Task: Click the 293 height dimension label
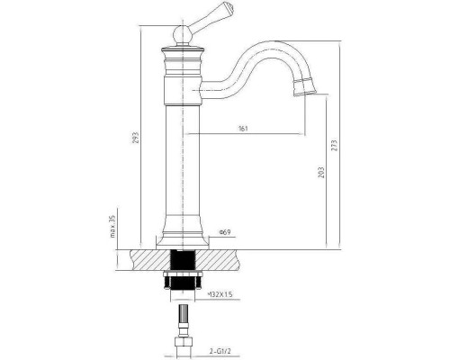point(136,138)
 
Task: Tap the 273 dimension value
point(334,145)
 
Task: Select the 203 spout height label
point(321,173)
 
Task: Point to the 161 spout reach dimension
point(243,129)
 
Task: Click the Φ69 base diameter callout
point(225,232)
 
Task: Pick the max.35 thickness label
point(112,226)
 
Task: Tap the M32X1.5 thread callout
point(220,294)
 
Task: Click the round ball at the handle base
point(183,35)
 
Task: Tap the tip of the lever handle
point(231,6)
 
